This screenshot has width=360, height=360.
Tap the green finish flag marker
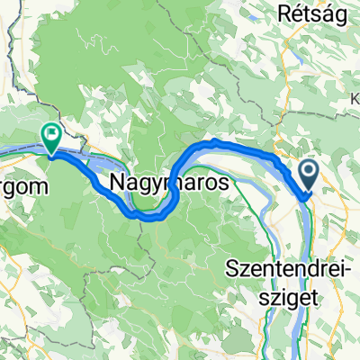50,138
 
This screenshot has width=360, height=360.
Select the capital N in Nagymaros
119,184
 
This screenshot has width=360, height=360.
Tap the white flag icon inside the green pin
51,136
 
